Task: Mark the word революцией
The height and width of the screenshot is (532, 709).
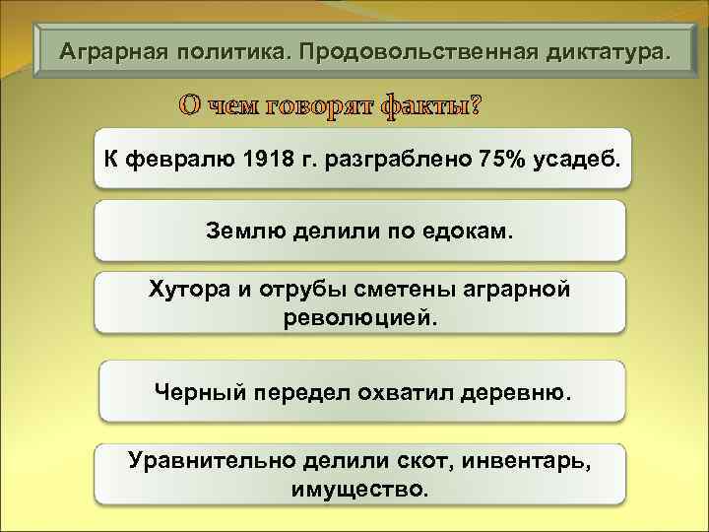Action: [x=360, y=318]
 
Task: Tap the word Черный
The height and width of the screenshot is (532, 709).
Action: [x=198, y=392]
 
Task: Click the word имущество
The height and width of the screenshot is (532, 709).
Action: [x=360, y=489]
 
